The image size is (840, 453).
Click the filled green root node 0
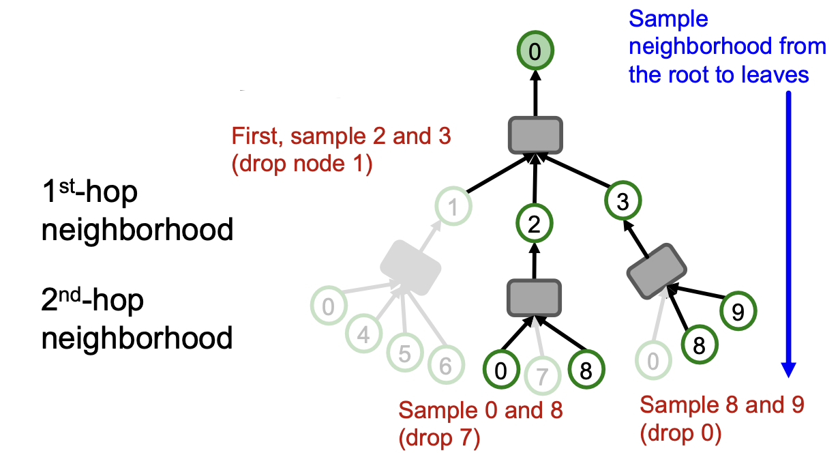click(535, 50)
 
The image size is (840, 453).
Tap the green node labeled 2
click(534, 223)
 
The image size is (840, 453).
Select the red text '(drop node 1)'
click(302, 165)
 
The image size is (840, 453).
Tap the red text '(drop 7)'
click(439, 437)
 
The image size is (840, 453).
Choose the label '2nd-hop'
click(93, 301)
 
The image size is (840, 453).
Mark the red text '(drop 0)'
click(680, 432)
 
